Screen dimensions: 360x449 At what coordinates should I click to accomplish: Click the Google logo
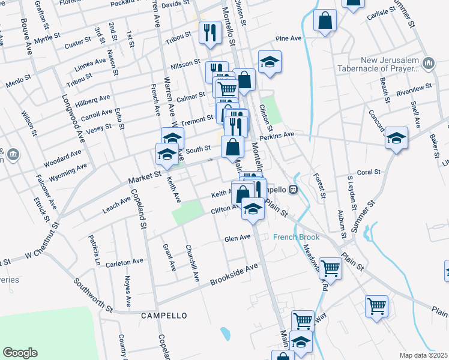(20, 353)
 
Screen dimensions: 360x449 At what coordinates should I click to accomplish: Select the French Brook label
(297, 237)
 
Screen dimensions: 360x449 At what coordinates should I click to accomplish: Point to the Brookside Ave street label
(234, 274)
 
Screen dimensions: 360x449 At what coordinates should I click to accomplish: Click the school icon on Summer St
(396, 138)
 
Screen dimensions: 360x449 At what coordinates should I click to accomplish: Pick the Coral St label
(369, 172)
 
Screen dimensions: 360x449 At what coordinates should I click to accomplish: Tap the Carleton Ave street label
(125, 262)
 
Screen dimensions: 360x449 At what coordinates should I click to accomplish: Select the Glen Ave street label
(237, 238)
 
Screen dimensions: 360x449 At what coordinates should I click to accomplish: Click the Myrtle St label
(47, 39)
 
